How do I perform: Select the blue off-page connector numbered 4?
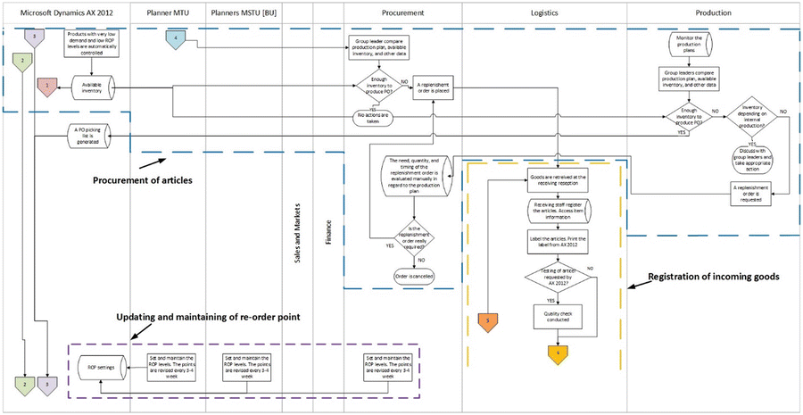[176, 38]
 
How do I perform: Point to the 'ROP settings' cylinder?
[99, 366]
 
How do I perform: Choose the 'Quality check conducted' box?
[557, 316]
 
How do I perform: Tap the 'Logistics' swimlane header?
[544, 13]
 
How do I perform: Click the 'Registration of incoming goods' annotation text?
[716, 277]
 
